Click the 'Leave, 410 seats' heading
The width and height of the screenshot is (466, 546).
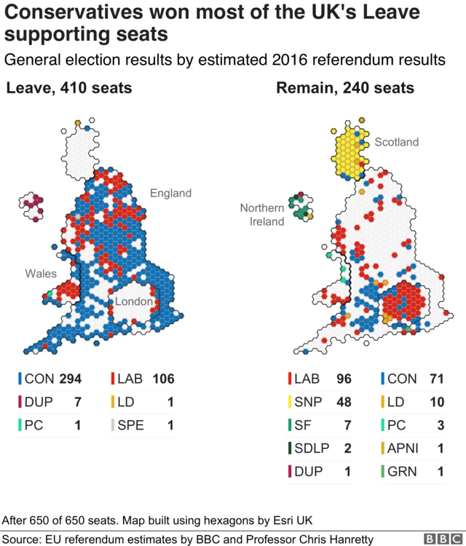[69, 89]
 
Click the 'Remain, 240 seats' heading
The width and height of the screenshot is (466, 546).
[345, 89]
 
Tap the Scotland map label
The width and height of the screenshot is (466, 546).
[397, 142]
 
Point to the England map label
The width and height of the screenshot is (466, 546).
[170, 193]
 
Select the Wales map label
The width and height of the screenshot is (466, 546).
[40, 273]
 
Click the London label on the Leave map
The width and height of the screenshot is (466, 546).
[133, 301]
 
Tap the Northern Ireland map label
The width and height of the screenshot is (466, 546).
[262, 215]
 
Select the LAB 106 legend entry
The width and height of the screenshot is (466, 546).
[143, 379]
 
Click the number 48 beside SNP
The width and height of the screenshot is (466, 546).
[344, 402]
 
